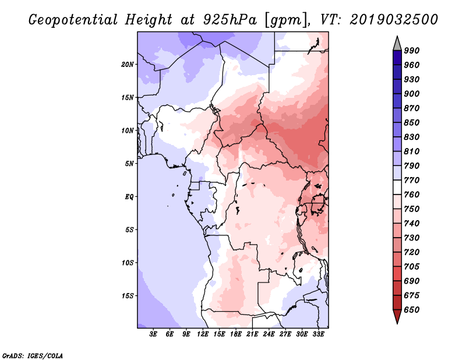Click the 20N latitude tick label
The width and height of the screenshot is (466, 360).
[128, 65]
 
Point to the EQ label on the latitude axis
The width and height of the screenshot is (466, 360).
[129, 197]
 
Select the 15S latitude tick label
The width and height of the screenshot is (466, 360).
[128, 296]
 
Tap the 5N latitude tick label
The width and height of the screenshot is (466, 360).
[129, 164]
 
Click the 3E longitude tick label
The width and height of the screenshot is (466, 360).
[153, 334]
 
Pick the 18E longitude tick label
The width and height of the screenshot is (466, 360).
[236, 334]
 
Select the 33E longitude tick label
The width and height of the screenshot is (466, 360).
[318, 334]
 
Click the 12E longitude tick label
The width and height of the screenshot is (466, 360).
[203, 334]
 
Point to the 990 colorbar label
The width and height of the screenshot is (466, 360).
[412, 51]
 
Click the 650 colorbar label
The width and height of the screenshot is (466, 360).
[412, 310]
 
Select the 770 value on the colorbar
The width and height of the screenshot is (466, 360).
[412, 180]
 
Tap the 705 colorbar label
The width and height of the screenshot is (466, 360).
[412, 267]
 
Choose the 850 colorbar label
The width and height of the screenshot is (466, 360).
[412, 122]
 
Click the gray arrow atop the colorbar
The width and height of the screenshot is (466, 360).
[397, 44]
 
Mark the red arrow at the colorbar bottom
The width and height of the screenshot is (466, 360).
[397, 316]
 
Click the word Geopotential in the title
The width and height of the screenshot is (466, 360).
[73, 20]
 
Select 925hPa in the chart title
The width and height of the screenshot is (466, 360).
[230, 20]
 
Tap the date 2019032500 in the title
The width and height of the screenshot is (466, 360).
[394, 20]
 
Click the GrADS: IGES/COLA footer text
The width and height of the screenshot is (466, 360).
[33, 356]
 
